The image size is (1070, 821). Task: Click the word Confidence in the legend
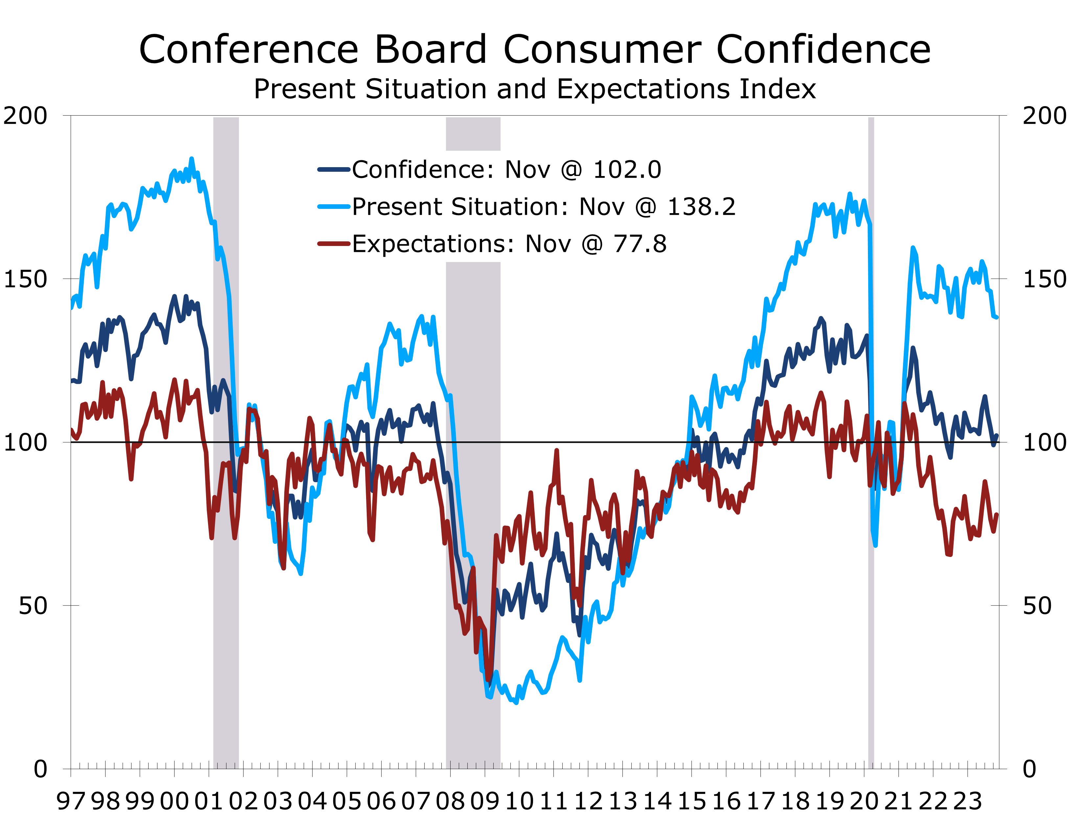click(x=423, y=170)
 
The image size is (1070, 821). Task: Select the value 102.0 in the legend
click(x=627, y=170)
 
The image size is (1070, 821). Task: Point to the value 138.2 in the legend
click(x=701, y=207)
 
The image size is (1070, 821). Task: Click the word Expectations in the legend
click(x=433, y=244)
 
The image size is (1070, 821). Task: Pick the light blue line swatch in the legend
click(x=334, y=207)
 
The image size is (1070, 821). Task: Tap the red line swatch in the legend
click(x=334, y=243)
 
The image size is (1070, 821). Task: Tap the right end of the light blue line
click(x=997, y=318)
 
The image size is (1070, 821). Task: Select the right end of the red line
click(x=997, y=514)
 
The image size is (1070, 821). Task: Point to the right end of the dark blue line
click(x=997, y=435)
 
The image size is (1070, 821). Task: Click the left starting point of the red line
click(x=72, y=430)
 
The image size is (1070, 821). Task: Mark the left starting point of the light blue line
click(x=72, y=308)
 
